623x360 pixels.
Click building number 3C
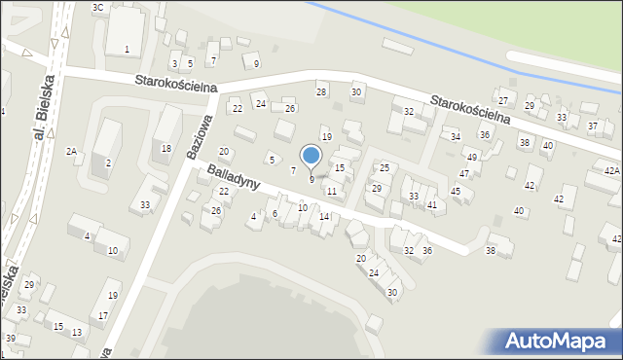97,7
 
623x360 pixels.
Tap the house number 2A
71,151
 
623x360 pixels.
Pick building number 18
166,148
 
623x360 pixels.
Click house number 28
321,91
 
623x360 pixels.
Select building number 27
503,101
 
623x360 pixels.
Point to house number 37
593,126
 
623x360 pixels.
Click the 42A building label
611,170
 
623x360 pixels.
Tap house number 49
472,157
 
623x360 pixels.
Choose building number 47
464,173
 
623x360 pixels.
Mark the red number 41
432,204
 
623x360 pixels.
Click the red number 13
77,333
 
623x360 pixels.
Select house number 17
103,315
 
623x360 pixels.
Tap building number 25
385,168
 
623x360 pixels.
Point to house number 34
455,136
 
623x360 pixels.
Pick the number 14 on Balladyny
324,217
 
